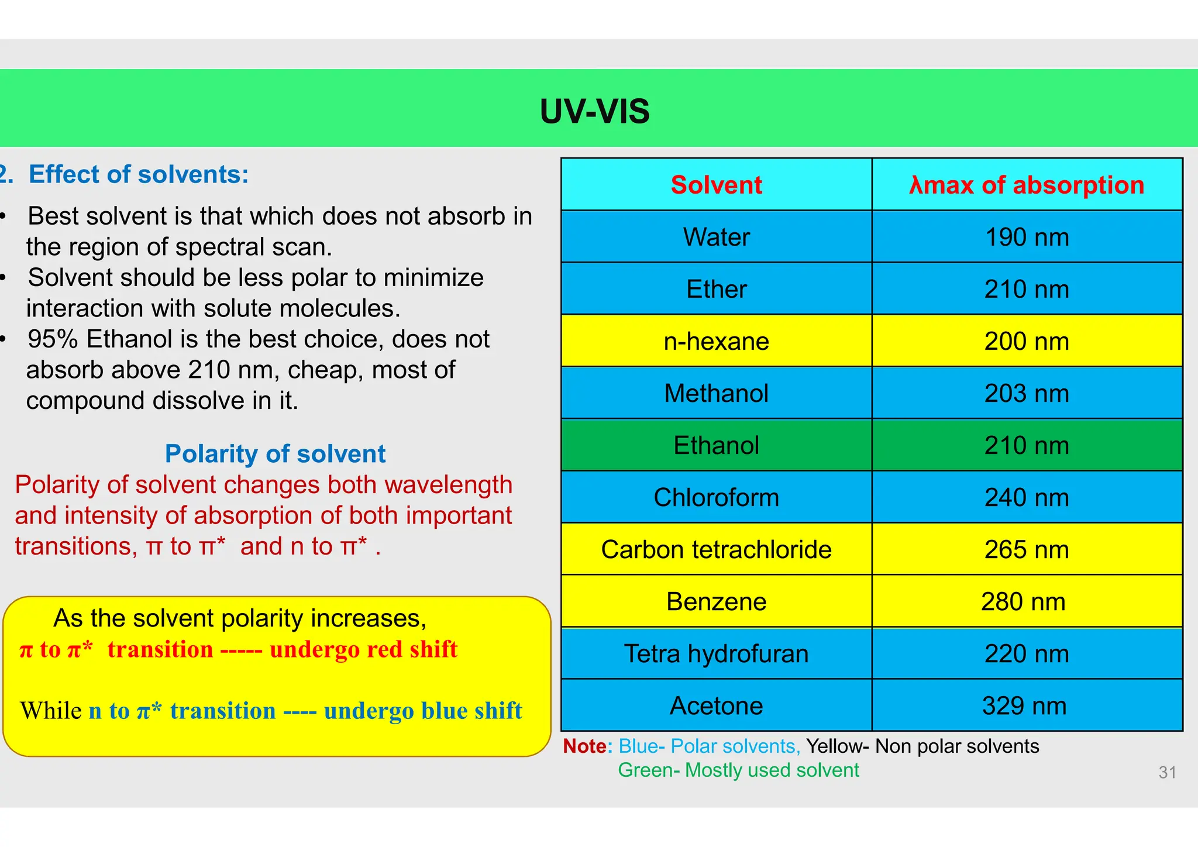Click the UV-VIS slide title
(594, 111)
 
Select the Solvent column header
(716, 185)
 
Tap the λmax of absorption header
(1027, 185)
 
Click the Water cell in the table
(716, 237)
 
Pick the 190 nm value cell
(1027, 237)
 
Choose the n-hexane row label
(716, 341)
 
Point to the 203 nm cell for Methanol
(1027, 393)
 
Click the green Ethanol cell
(716, 445)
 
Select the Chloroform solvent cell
(716, 497)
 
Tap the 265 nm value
(1027, 549)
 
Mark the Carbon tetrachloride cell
(716, 549)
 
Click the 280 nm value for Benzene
(1023, 601)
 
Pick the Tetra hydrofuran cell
(716, 653)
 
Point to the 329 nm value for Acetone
(1024, 705)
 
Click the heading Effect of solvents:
(139, 174)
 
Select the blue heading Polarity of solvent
(275, 454)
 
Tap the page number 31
(1167, 773)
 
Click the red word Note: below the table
(587, 746)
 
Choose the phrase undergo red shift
(363, 650)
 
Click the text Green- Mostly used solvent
(738, 770)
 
